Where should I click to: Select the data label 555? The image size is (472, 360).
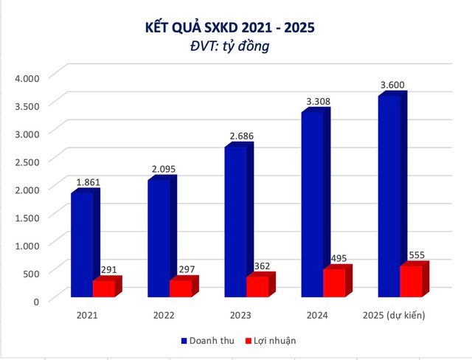click(x=417, y=256)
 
